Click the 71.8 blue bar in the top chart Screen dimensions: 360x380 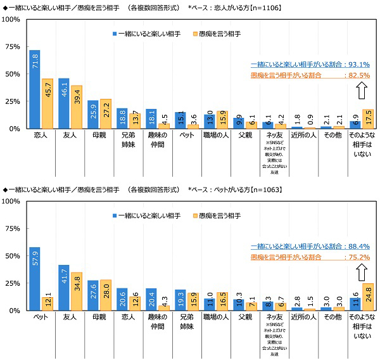point(35,89)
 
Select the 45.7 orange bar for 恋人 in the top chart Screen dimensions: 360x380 point(46,103)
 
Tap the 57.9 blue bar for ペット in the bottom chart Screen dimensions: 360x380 point(35,279)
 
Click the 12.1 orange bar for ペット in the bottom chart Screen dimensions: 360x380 point(46,304)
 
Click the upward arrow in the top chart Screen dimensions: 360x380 point(361,91)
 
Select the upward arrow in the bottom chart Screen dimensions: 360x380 point(361,273)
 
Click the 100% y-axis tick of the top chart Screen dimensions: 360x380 point(11,20)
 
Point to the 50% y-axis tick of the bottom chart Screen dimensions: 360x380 point(13,256)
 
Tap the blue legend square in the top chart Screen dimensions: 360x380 point(115,32)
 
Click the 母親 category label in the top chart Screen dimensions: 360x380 point(92,134)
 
